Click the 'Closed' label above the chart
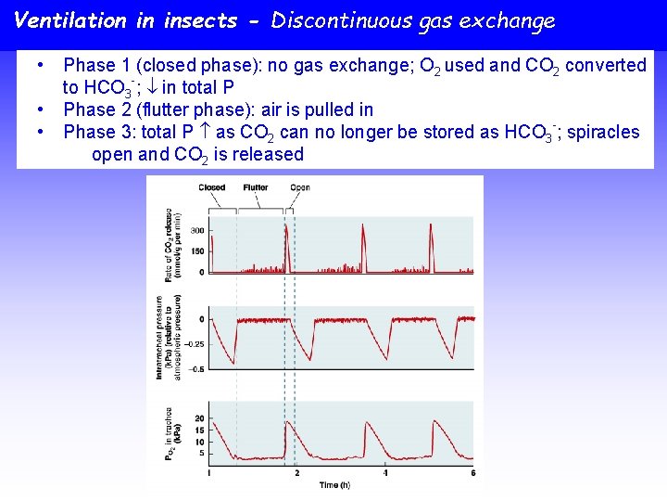click(212, 187)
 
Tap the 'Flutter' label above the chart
click(256, 187)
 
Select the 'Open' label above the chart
click(300, 187)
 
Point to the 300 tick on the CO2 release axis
click(197, 230)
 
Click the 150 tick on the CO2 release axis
click(197, 250)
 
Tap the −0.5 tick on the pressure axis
click(195, 368)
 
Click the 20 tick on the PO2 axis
click(199, 418)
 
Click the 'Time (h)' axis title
click(335, 485)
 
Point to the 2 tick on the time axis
click(296, 474)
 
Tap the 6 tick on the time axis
click(472, 474)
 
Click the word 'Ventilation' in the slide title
click(70, 20)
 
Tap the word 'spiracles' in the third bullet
click(602, 132)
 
